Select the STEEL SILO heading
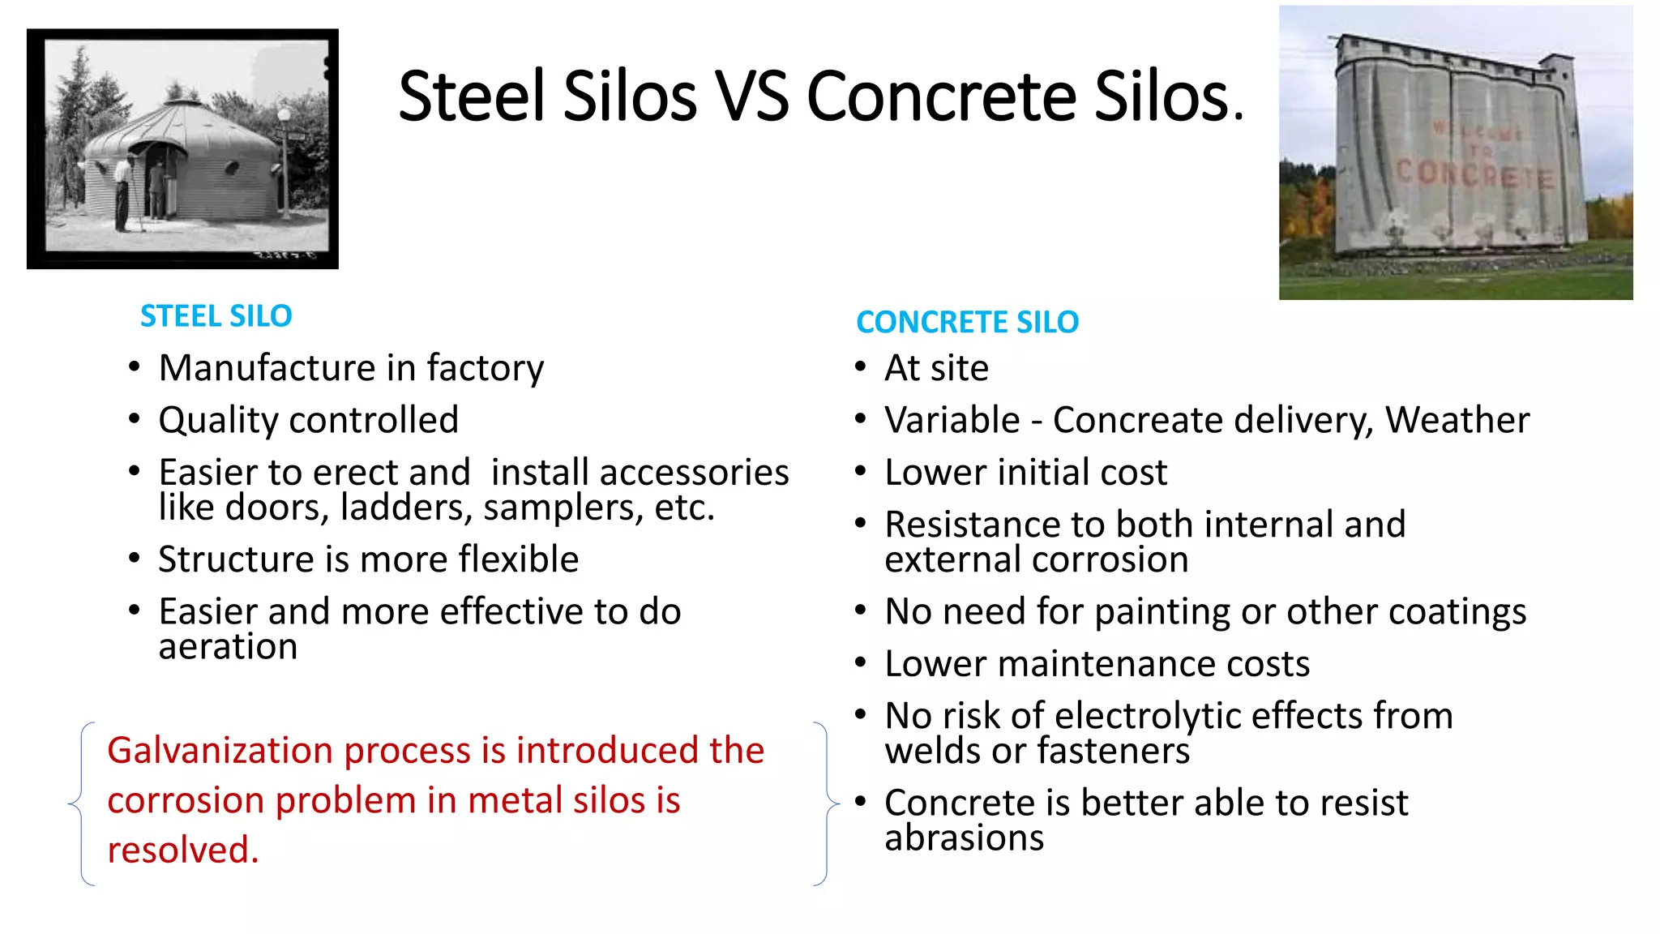pyautogui.click(x=216, y=316)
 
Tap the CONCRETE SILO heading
pyautogui.click(x=967, y=323)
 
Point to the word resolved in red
pyautogui.click(x=182, y=850)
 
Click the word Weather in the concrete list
pyautogui.click(x=1457, y=420)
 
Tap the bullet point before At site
pyautogui.click(x=861, y=367)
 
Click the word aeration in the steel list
pyautogui.click(x=228, y=647)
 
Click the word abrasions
pyautogui.click(x=964, y=838)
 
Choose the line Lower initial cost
pyautogui.click(x=1025, y=473)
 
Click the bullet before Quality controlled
pyautogui.click(x=135, y=419)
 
